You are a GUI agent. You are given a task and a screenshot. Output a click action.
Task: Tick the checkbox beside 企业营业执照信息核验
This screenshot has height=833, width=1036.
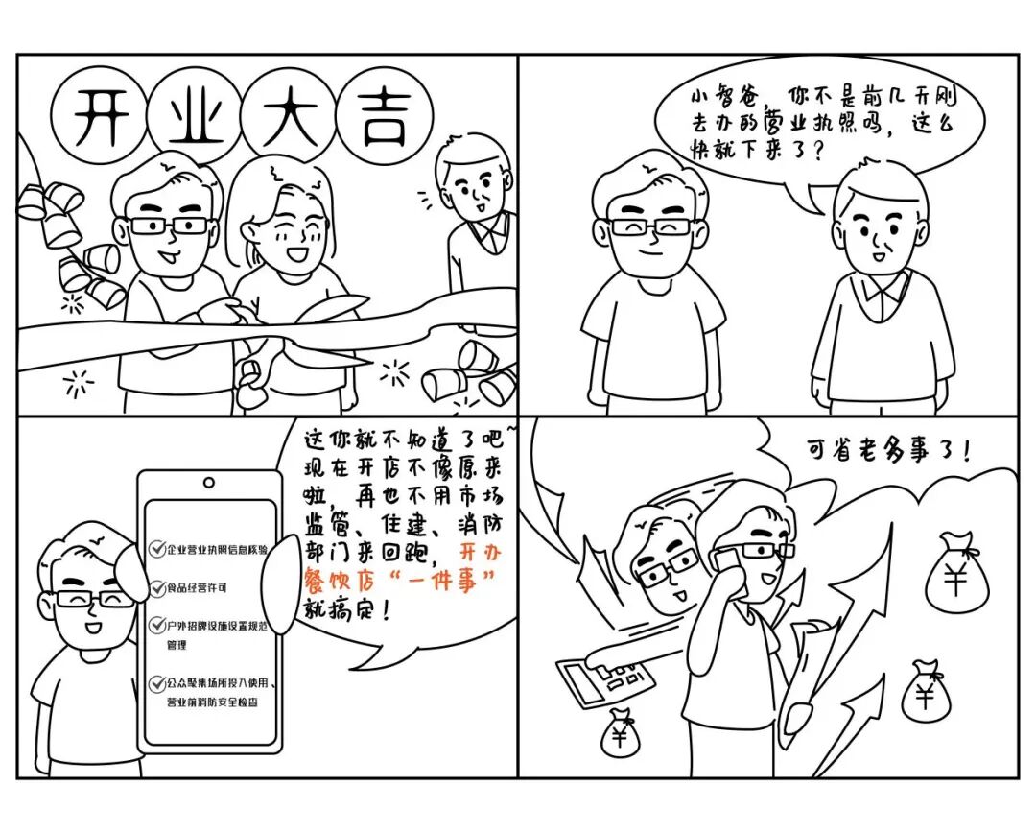point(158,549)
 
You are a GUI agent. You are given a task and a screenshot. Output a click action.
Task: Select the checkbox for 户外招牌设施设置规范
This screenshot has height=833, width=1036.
point(158,625)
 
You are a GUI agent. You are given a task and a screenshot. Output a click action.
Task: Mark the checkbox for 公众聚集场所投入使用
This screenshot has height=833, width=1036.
point(158,683)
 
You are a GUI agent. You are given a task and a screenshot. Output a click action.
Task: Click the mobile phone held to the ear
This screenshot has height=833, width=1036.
point(725,566)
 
